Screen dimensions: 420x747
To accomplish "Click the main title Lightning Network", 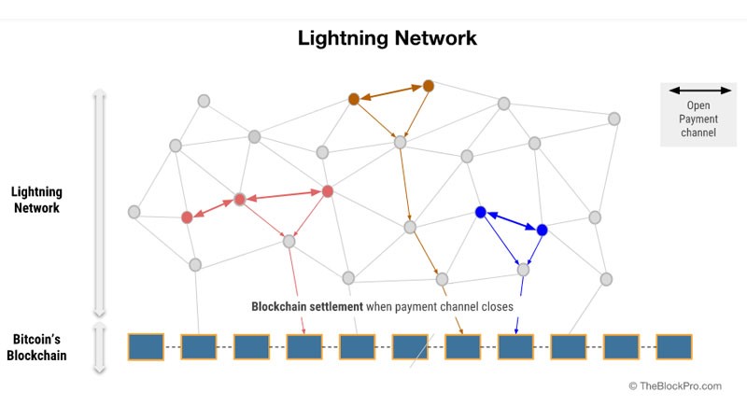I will [x=388, y=38].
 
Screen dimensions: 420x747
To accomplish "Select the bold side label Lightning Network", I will [x=35, y=200].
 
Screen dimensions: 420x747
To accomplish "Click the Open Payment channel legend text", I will [x=698, y=119].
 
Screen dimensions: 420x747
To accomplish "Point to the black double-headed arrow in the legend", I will [x=698, y=91].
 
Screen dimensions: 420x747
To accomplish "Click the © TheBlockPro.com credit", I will [x=675, y=385].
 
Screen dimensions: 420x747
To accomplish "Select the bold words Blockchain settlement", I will [x=307, y=306].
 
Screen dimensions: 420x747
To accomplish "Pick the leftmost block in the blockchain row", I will [x=146, y=346].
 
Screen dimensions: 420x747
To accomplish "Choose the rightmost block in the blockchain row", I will [x=674, y=346].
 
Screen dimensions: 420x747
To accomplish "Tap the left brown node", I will [x=354, y=99].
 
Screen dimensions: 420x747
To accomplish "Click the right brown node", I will [x=429, y=86].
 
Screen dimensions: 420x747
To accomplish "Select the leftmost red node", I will [x=187, y=217].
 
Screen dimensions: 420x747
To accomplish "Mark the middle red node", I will [x=240, y=199].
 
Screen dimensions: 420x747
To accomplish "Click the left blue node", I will [x=481, y=213].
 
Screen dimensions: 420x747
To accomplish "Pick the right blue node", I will [x=542, y=230].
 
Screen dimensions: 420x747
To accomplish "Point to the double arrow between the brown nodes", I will [x=391, y=92].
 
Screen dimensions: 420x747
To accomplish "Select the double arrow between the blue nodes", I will [x=511, y=221].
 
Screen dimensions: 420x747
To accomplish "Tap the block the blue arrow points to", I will [x=515, y=347].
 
